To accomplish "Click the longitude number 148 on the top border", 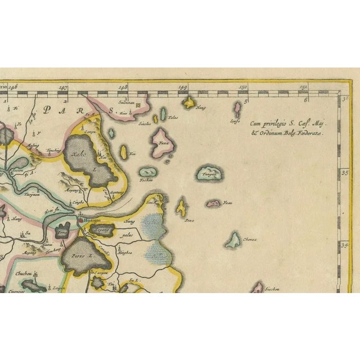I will point(123,88).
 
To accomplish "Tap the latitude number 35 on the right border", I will point(345,174).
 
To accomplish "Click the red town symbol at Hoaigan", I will point(80,220).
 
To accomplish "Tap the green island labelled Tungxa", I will point(210,173).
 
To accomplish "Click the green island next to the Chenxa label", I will point(233,240).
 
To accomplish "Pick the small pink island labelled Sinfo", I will point(237,108).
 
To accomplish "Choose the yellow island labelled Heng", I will point(189,102).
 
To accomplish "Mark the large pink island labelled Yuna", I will point(163,142).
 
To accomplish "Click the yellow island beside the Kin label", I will point(124,152).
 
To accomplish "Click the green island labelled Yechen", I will point(148,172).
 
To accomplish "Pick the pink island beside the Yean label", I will point(213,203).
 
